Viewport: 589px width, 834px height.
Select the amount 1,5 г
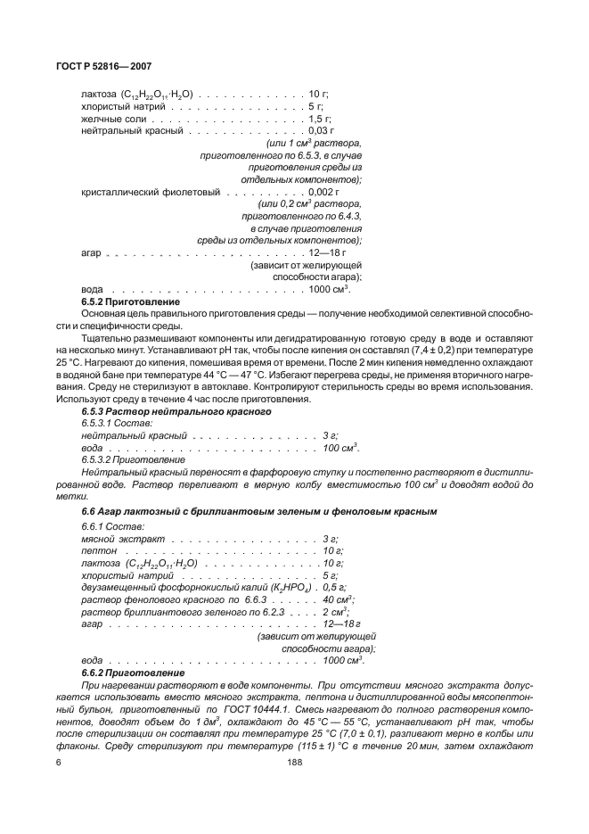[320, 118]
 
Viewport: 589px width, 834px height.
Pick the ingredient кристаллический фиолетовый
[150, 192]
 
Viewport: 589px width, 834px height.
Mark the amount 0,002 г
[323, 192]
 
